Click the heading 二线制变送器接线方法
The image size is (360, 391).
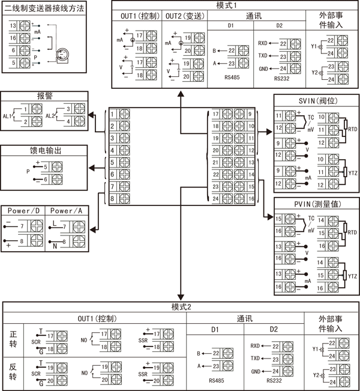[x=44, y=9]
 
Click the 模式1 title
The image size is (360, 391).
[x=234, y=5]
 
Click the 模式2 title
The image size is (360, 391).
[x=181, y=307]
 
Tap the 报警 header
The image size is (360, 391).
[x=45, y=95]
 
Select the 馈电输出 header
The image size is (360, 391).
[x=45, y=151]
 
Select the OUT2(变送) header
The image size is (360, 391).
[x=185, y=16]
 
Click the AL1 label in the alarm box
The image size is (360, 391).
[x=8, y=115]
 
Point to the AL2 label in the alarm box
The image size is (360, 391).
[x=50, y=115]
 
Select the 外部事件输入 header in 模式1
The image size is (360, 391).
[x=331, y=20]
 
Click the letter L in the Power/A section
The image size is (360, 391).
[x=54, y=223]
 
